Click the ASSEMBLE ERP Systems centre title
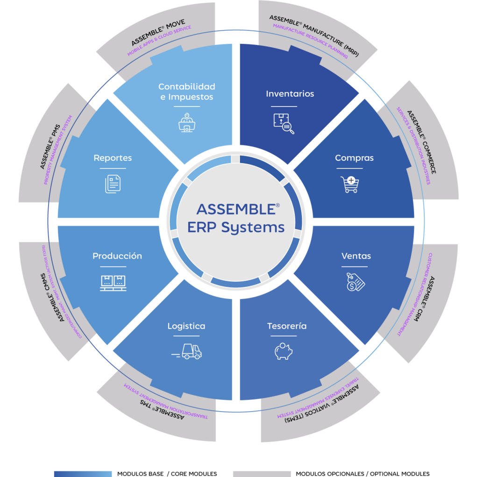click(x=235, y=218)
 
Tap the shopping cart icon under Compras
click(x=349, y=184)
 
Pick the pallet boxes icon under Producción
click(x=113, y=282)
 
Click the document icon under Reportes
click(x=113, y=184)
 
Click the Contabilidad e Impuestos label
click(x=186, y=92)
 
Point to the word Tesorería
click(x=286, y=326)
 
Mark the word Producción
click(x=117, y=256)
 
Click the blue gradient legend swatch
click(x=83, y=473)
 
